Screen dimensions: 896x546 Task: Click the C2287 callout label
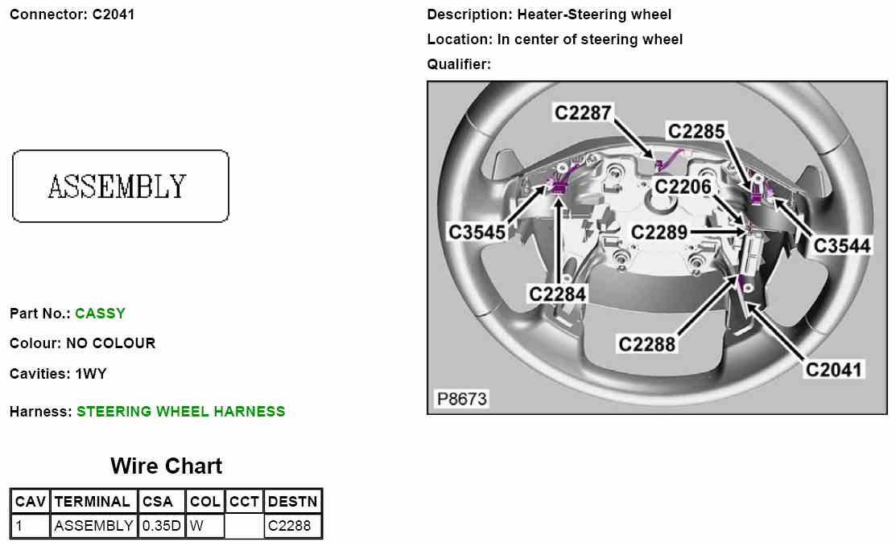[x=583, y=113]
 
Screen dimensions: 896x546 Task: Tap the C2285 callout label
[x=696, y=131]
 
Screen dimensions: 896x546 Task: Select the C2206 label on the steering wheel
[x=683, y=187]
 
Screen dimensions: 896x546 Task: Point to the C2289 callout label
[x=659, y=233]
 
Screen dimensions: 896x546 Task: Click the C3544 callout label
[x=842, y=245]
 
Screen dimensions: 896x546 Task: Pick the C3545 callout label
[x=477, y=232]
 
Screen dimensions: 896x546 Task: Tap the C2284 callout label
[x=557, y=294]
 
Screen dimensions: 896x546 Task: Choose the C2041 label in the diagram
[x=835, y=369]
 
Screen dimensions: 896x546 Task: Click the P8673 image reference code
[x=461, y=399]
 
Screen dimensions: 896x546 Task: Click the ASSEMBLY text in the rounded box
[x=118, y=187]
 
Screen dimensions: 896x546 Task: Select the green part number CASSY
[x=100, y=314]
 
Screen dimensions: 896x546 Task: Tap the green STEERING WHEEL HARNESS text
[x=180, y=412]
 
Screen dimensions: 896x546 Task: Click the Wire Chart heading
[x=166, y=466]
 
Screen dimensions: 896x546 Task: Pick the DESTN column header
[x=293, y=502]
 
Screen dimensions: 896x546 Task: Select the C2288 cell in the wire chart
[x=289, y=527]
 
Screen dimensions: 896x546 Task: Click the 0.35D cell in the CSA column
[x=162, y=527]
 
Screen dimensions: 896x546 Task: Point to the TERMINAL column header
[x=93, y=502]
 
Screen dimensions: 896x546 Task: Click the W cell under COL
[x=196, y=527]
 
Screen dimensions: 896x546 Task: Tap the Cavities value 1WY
[x=91, y=374]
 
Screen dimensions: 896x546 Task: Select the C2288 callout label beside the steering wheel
[x=646, y=344]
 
